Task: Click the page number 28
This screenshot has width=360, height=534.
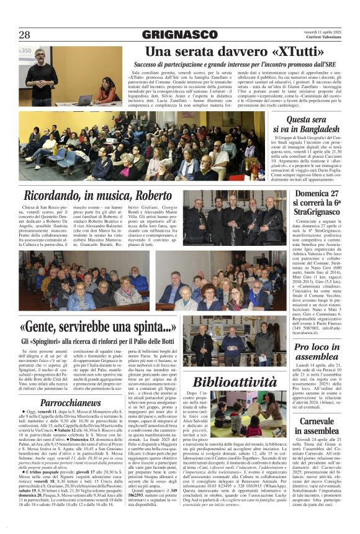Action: click(25, 35)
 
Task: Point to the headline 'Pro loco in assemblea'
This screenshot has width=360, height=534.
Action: click(307, 352)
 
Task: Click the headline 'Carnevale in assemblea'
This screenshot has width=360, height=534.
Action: click(307, 427)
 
